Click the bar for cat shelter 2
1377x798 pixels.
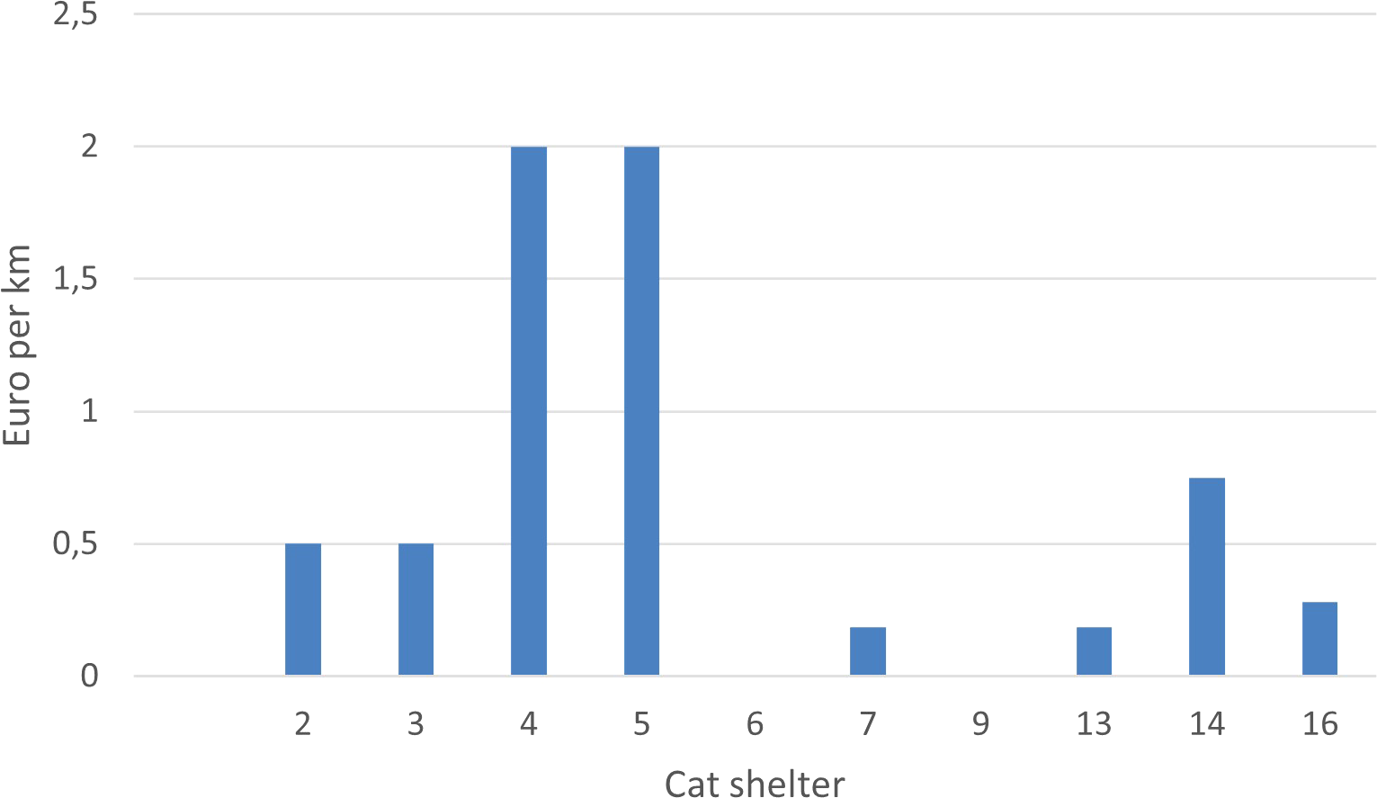[303, 609]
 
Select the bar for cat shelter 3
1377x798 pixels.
[416, 609]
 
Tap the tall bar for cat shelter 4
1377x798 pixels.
[529, 410]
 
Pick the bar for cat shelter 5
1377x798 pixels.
[641, 410]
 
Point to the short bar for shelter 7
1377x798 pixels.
[868, 651]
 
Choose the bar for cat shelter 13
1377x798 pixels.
[1094, 651]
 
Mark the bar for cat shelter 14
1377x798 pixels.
[1207, 577]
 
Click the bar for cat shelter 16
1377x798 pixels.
[1319, 639]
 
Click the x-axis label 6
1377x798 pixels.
[755, 723]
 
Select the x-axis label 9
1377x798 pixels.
[980, 723]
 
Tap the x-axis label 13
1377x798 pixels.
[1094, 723]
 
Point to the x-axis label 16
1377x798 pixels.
[1319, 723]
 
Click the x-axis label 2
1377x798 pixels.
[303, 723]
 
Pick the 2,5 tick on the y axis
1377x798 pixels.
[76, 15]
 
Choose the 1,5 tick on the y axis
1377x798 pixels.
[76, 280]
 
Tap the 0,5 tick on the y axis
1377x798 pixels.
[76, 544]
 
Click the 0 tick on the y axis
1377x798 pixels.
[89, 676]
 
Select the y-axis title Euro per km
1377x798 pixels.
[18, 345]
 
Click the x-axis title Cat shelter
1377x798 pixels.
[755, 783]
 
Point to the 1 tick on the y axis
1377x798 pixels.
[89, 412]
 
